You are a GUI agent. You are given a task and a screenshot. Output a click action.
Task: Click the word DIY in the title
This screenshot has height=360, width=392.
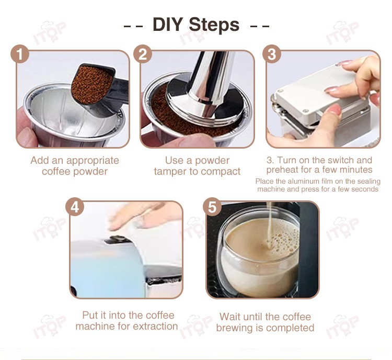coord(167,24)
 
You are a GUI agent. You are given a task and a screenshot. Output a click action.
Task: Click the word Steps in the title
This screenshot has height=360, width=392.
coord(214,24)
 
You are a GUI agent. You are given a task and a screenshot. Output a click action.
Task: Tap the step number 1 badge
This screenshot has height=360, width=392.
coord(20,54)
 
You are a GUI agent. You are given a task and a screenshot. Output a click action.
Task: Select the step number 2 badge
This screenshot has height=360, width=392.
coord(143,54)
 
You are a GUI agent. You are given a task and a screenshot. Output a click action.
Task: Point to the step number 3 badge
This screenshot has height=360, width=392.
coord(272,54)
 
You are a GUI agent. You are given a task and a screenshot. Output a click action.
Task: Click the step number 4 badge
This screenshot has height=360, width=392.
coord(75,208)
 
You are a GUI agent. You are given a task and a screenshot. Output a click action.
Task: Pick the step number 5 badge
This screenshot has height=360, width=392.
coord(212,208)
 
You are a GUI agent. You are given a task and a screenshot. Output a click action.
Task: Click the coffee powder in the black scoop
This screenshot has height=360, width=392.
coord(91,84)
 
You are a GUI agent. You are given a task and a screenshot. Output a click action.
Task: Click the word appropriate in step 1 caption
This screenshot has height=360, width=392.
coord(93,161)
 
